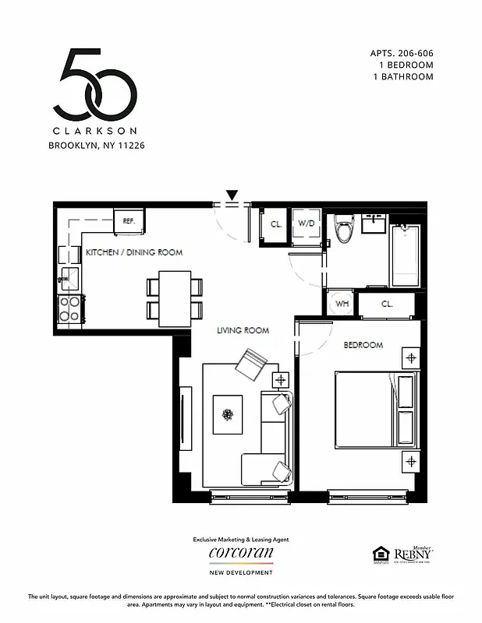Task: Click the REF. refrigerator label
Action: click(129, 221)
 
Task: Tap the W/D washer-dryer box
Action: click(307, 224)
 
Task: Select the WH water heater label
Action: click(342, 304)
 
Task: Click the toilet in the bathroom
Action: click(342, 227)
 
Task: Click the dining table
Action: click(175, 298)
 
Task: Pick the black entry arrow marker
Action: click(232, 194)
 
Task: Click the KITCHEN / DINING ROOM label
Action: click(134, 252)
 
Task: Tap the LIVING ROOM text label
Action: click(243, 331)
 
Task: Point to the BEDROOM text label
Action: click(363, 345)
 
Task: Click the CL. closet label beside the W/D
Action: click(276, 224)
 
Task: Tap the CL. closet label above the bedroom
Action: click(388, 304)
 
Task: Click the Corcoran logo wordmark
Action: click(241, 553)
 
